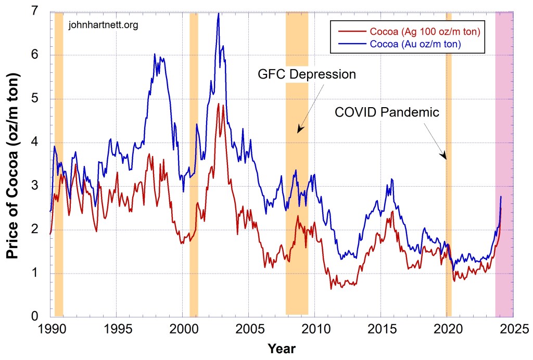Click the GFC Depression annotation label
(307, 74)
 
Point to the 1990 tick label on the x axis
(51, 328)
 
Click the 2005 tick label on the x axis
(248, 328)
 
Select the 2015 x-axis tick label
(380, 328)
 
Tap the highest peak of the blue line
(219, 14)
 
